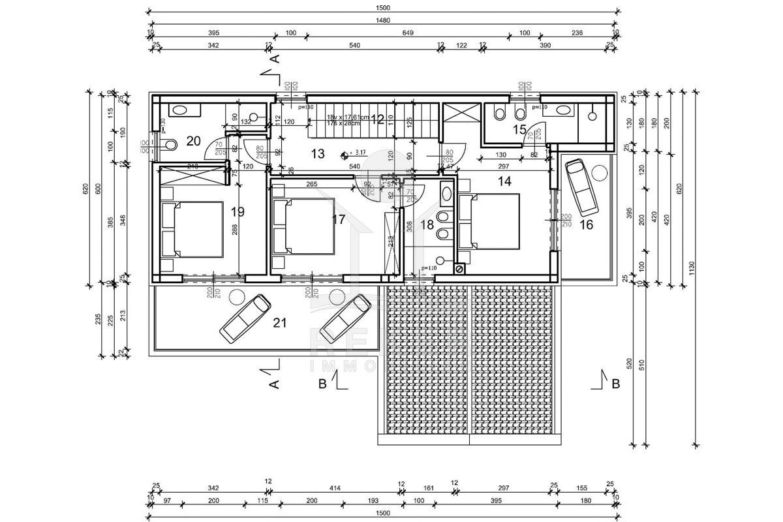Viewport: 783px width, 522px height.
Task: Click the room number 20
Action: click(x=193, y=140)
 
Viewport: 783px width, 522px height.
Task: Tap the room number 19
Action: click(x=238, y=211)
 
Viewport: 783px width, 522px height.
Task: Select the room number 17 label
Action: click(x=338, y=219)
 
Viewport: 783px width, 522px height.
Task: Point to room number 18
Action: click(x=427, y=225)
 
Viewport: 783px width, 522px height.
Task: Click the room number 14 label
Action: click(x=504, y=182)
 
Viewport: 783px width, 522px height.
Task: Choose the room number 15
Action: click(x=519, y=129)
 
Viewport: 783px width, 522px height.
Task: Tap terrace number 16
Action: click(x=586, y=224)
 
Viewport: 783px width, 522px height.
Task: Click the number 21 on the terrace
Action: click(x=280, y=322)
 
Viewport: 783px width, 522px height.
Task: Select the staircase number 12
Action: click(x=377, y=119)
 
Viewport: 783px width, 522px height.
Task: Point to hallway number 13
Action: click(x=317, y=154)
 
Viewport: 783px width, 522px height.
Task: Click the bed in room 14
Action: click(x=489, y=221)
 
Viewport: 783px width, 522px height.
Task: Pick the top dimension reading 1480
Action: click(x=383, y=20)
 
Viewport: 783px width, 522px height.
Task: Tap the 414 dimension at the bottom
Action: click(x=335, y=488)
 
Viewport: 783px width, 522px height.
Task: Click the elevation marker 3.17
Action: click(x=360, y=152)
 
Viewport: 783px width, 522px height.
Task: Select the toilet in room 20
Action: click(x=172, y=144)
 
